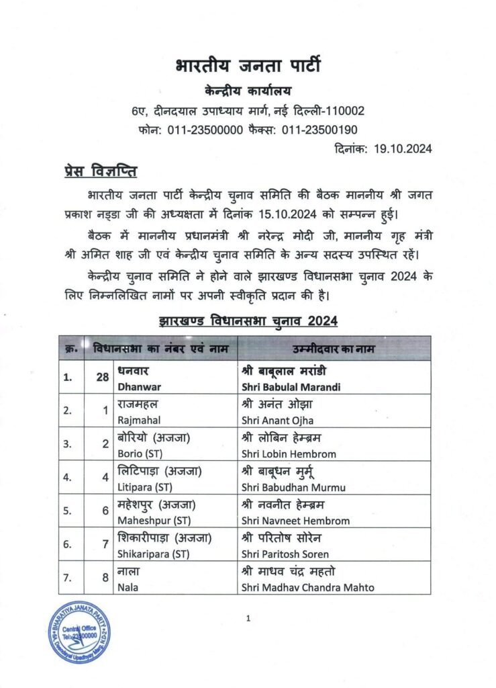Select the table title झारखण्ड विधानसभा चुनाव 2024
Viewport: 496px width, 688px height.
coord(248,321)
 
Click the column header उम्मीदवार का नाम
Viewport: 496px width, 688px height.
coord(334,349)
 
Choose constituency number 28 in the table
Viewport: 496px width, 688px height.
coord(102,378)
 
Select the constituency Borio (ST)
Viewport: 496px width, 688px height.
coord(143,454)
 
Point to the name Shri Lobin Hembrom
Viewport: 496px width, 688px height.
coord(289,454)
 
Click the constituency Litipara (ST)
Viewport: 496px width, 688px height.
coord(145,486)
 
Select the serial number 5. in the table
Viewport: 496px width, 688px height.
coord(68,511)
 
